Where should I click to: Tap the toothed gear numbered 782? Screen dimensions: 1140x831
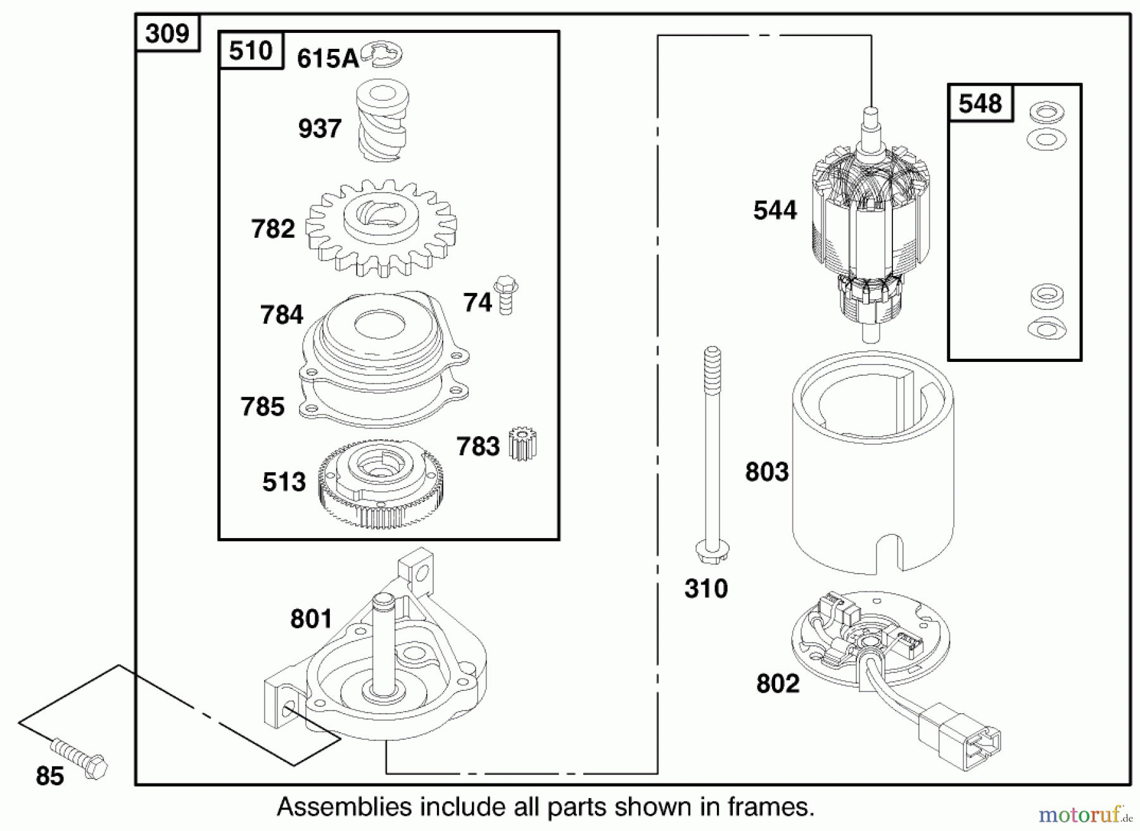(381, 228)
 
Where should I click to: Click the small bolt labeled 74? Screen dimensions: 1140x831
(505, 295)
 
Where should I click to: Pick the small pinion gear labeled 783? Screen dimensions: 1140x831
(522, 444)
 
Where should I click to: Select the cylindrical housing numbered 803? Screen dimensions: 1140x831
(873, 463)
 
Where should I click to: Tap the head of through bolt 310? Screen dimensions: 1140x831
(712, 549)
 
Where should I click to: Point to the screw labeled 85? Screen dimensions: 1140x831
(79, 758)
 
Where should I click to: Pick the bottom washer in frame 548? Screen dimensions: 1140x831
(1046, 328)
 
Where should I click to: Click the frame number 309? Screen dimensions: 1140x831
(167, 33)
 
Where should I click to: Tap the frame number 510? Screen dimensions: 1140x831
(251, 50)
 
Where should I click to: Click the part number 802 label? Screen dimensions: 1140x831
(778, 683)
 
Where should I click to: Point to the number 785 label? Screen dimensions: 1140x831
(262, 406)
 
